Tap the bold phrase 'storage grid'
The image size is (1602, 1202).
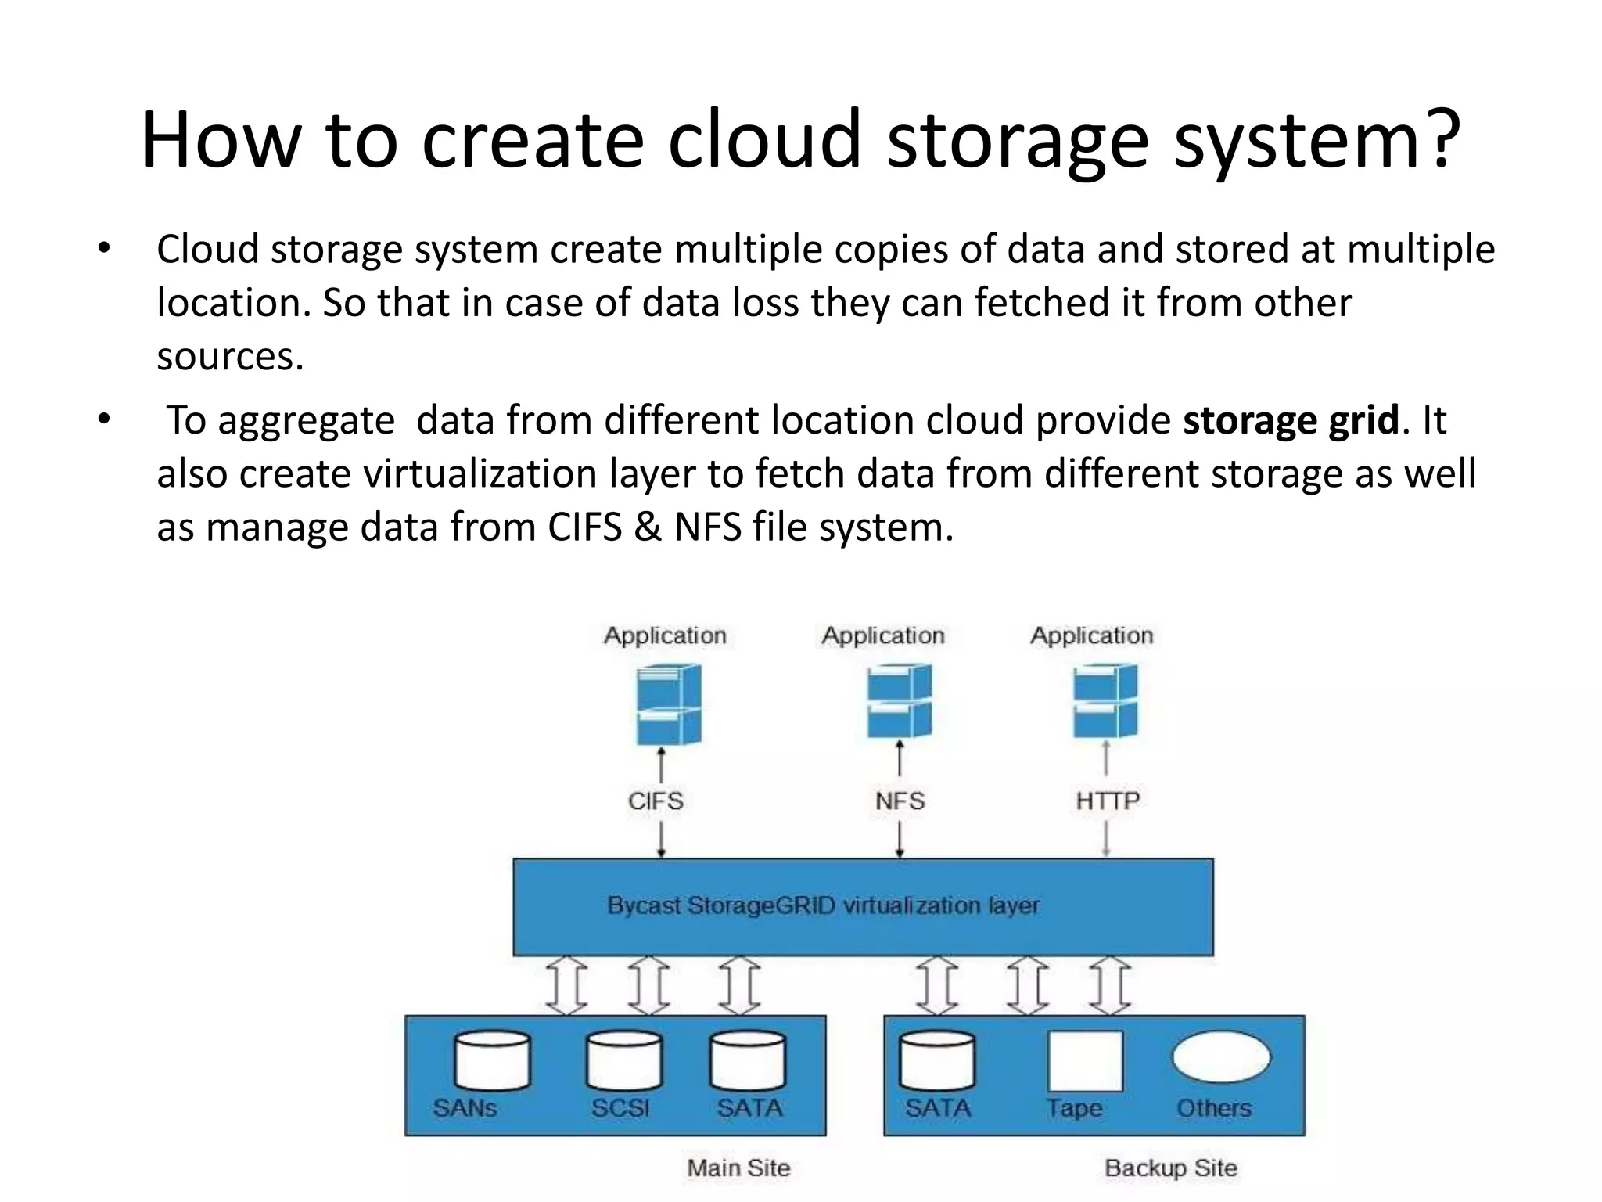1290,420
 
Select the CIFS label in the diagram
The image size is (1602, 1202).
656,801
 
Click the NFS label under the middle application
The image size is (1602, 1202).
900,801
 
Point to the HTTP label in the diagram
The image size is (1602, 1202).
1108,801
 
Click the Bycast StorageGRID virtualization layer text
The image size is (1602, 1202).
824,905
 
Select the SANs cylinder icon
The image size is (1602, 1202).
492,1060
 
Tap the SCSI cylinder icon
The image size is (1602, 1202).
623,1060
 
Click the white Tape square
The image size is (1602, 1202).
1085,1060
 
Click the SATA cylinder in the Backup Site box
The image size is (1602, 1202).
937,1060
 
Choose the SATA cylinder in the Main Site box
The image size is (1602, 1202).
748,1060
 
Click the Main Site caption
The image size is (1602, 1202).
738,1168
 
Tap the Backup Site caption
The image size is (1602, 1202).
1171,1168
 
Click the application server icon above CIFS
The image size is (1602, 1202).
667,704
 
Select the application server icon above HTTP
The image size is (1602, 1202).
1105,701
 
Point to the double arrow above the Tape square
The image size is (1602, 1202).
1028,985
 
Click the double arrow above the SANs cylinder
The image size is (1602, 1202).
566,985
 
